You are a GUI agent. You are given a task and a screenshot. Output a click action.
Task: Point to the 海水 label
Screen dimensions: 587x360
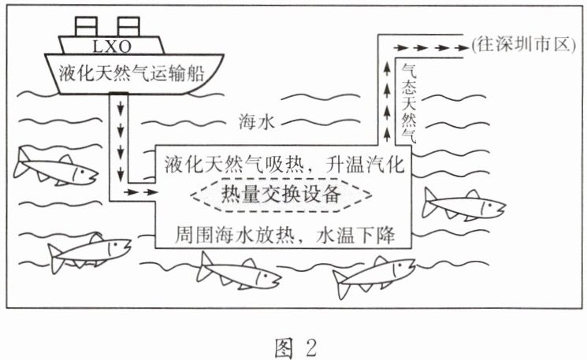click(254, 121)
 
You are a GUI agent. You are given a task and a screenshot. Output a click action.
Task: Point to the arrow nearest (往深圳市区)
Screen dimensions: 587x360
click(454, 47)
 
